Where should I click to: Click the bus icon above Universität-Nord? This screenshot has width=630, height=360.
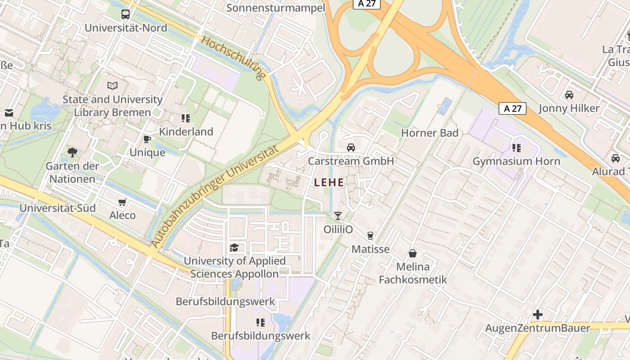tap(126, 14)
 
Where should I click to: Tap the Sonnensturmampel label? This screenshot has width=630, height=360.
tap(276, 8)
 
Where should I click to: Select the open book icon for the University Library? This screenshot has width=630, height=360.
tap(112, 85)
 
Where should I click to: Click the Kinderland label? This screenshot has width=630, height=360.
tap(186, 132)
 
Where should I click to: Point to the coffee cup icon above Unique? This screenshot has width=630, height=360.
tap(147, 139)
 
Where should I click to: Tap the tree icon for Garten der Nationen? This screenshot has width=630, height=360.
tap(72, 153)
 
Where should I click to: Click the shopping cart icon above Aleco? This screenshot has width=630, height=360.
tap(122, 202)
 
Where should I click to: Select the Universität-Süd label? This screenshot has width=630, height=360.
tap(58, 208)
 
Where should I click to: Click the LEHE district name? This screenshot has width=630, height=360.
tap(329, 183)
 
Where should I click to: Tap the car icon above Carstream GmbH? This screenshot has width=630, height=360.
tap(351, 147)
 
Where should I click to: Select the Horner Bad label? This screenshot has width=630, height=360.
tap(430, 133)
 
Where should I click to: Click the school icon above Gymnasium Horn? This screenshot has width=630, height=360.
tap(516, 148)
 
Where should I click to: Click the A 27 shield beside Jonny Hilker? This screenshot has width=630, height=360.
tap(513, 108)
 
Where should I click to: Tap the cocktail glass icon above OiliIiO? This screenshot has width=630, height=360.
tap(338, 216)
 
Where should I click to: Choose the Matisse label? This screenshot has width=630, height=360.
tap(370, 249)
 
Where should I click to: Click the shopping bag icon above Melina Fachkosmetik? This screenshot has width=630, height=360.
tap(413, 253)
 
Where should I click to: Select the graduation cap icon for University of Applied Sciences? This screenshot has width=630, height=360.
tap(234, 247)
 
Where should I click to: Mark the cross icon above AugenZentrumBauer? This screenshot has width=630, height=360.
tap(537, 315)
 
